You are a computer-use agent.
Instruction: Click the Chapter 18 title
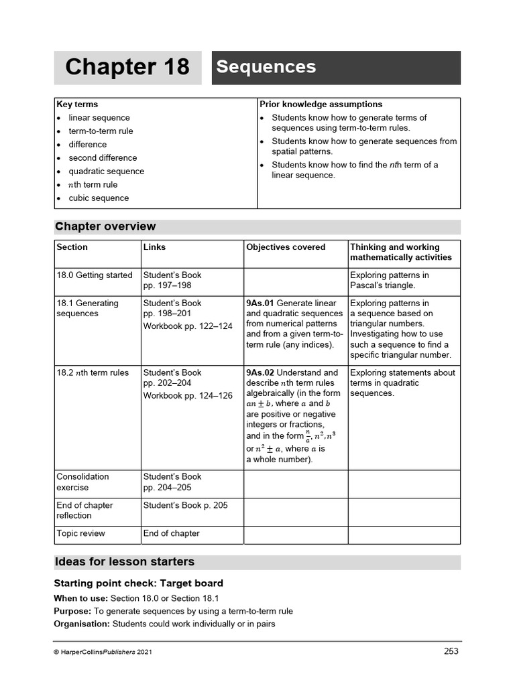pos(127,68)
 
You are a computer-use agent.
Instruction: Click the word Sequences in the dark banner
pos(266,67)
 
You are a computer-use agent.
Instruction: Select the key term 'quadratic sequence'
pos(106,171)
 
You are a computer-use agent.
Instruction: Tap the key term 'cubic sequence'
pos(99,198)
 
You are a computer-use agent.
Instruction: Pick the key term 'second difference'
pos(103,158)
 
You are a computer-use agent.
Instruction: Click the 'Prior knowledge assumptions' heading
pos(321,105)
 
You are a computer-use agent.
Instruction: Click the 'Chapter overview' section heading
pos(106,226)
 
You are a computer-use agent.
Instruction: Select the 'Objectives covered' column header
pos(286,247)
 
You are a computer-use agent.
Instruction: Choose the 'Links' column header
pos(154,247)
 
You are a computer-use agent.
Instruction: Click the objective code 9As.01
pos(260,303)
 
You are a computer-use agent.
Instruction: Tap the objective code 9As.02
pos(260,373)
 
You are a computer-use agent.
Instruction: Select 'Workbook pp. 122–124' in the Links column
pos(188,326)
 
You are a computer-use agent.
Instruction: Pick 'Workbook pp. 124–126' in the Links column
pos(188,396)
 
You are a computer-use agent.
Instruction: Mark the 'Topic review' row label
pos(80,534)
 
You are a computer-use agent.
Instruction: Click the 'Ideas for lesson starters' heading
pos(125,562)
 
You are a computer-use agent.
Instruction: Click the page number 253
pos(451,651)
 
